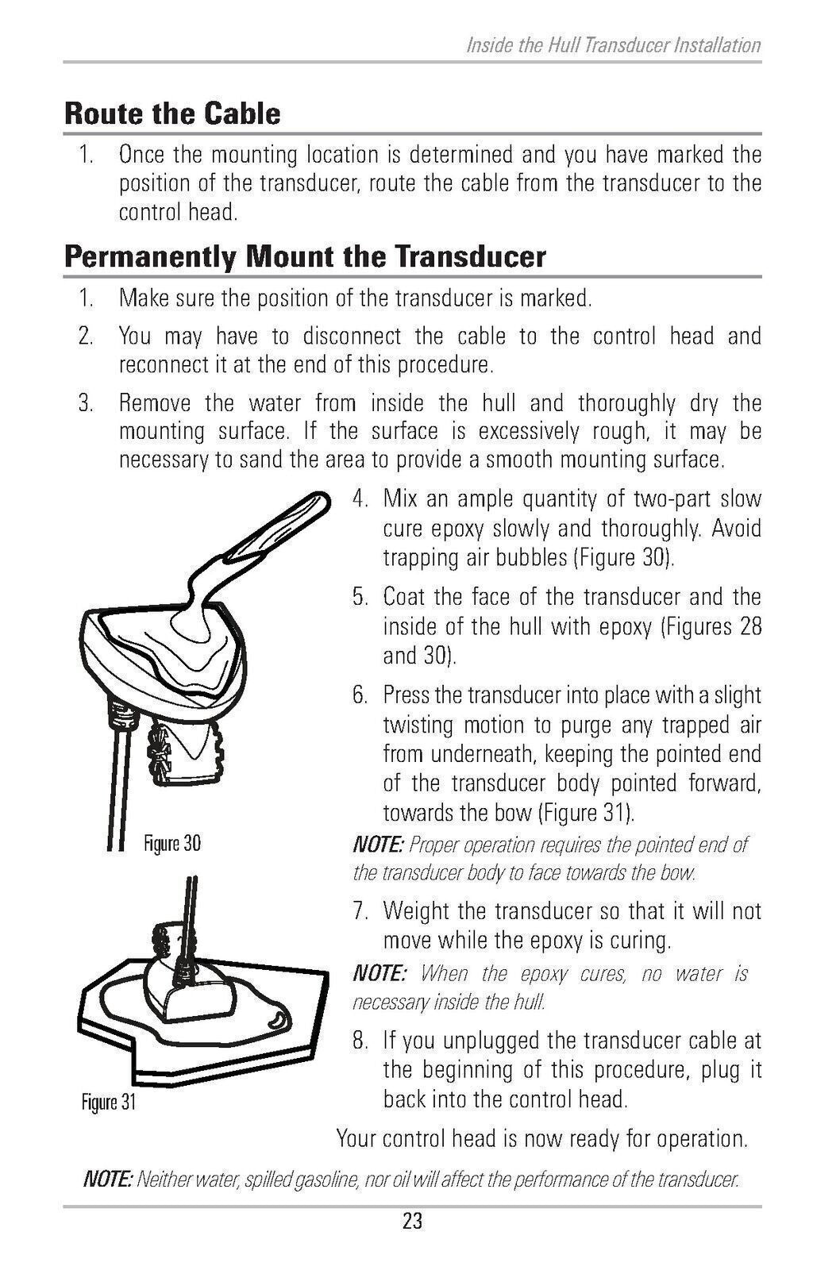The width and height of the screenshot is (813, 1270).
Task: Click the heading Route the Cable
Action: (172, 114)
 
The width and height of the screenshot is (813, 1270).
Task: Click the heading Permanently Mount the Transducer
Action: (305, 257)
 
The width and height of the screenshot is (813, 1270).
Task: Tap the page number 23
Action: (412, 1221)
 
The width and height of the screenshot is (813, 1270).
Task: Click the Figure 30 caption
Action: (171, 843)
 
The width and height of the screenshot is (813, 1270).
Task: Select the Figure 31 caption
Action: (109, 1103)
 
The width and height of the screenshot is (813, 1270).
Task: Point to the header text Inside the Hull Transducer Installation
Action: (613, 45)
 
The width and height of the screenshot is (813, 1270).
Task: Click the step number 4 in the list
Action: (360, 500)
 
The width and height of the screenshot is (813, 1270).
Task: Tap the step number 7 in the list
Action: (360, 911)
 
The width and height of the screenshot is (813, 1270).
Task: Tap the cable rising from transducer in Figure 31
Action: (191, 913)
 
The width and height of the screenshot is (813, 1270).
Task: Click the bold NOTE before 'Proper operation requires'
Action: (378, 845)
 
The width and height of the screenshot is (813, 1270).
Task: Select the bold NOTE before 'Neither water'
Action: (108, 1180)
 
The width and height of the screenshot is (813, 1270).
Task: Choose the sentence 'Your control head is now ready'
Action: (541, 1139)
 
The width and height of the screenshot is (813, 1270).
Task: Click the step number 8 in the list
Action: (360, 1041)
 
